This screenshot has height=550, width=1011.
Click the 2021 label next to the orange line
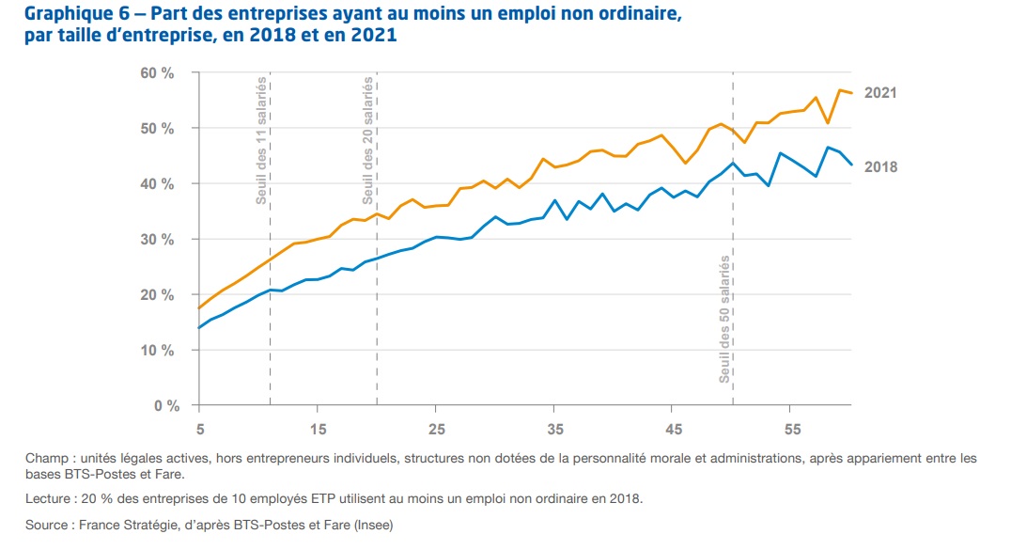point(880,93)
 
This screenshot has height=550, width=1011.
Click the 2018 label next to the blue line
point(880,167)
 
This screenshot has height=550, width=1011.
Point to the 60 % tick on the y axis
point(158,73)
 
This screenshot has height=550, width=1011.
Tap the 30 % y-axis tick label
point(158,240)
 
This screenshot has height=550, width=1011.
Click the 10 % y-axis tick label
point(158,351)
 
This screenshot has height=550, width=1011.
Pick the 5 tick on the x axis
point(199,430)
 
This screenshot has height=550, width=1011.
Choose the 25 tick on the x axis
point(436,430)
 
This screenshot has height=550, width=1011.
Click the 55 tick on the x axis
point(791,430)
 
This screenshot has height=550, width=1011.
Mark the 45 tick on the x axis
point(673,430)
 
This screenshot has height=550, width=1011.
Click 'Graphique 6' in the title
point(63,13)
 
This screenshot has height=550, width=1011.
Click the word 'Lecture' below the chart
point(47,498)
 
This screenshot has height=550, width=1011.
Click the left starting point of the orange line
point(199,308)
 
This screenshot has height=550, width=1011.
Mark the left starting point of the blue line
point(199,328)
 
